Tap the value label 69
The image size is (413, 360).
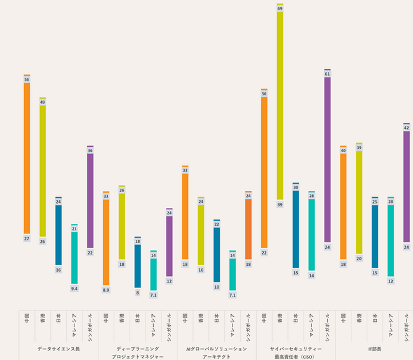[x=280, y=8]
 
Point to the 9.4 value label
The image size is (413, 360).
[x=74, y=288]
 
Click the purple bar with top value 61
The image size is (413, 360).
[x=327, y=159]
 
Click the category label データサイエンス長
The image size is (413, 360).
[x=58, y=349]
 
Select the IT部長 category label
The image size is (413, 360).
[x=375, y=349]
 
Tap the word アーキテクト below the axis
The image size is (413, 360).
[x=217, y=357]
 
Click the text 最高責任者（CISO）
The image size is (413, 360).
[x=295, y=357]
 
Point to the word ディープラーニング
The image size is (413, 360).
[x=137, y=349]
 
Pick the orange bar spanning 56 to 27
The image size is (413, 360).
[x=27, y=156]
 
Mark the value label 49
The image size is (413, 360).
[x=43, y=102]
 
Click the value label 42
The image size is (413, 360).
[x=407, y=128]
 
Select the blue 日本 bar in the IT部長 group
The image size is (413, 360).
[x=375, y=235]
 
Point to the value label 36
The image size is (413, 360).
[x=90, y=150]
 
